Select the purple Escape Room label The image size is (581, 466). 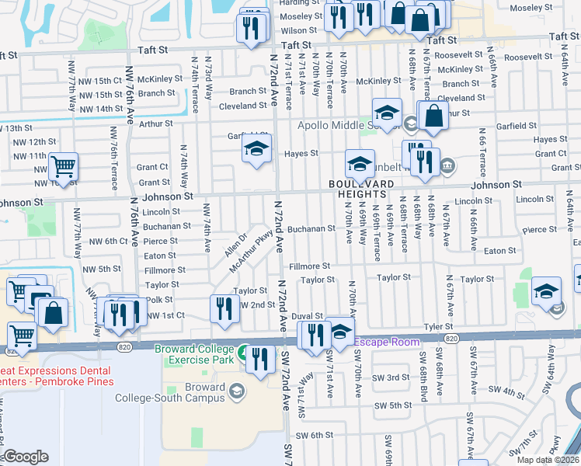(388, 341)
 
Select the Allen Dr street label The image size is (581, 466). (235, 245)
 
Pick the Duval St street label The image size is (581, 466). (307, 316)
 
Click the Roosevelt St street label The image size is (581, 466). (459, 55)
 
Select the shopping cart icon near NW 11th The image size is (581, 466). (63, 165)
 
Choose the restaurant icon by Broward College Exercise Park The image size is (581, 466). (259, 357)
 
